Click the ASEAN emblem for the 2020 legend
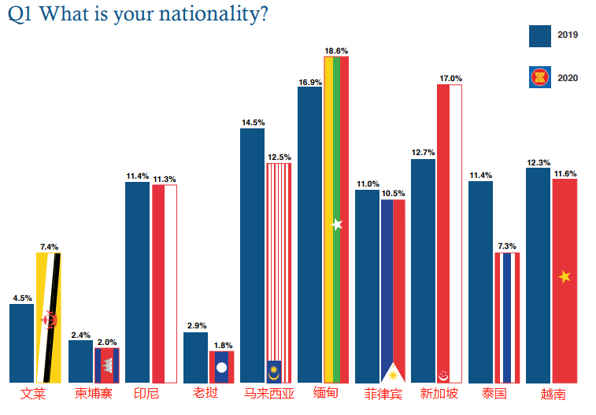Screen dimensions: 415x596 539,77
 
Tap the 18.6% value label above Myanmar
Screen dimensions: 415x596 336,50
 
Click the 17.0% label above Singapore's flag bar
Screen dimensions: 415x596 450,79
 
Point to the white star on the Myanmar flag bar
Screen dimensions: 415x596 337,224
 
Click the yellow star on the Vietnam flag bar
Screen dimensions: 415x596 565,276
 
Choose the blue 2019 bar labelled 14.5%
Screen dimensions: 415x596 252,255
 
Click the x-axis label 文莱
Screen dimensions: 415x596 34,393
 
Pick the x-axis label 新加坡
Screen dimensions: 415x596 439,393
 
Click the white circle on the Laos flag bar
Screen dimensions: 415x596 221,367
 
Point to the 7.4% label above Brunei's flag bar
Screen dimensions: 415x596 49,246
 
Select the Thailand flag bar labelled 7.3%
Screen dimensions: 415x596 507,317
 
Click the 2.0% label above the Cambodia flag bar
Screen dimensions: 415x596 106,343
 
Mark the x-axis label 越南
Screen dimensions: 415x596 553,394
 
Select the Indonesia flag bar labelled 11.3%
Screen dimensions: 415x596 164,283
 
